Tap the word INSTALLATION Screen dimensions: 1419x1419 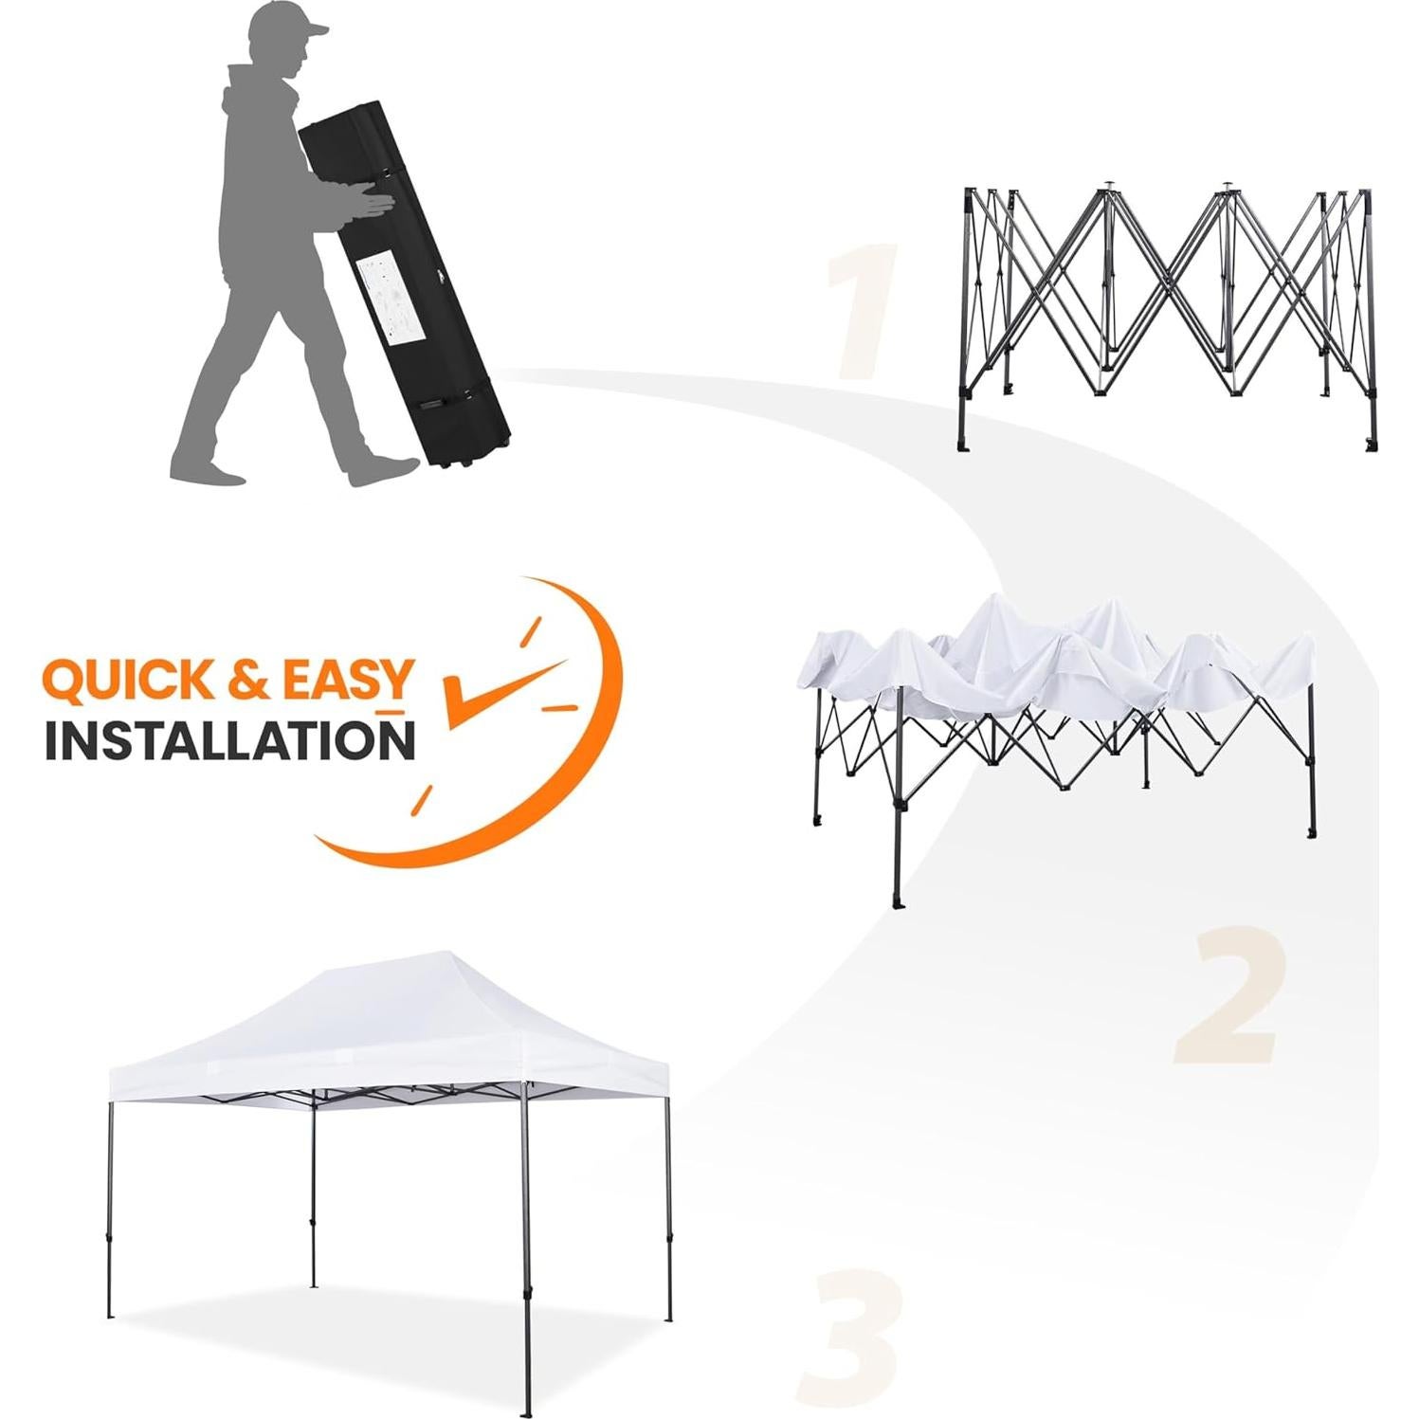[229, 740]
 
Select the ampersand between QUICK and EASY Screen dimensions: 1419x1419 [249, 681]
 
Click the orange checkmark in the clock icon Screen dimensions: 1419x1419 [493, 692]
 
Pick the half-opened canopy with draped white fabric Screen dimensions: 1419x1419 [1057, 701]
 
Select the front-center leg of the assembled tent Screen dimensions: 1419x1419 [525, 1232]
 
